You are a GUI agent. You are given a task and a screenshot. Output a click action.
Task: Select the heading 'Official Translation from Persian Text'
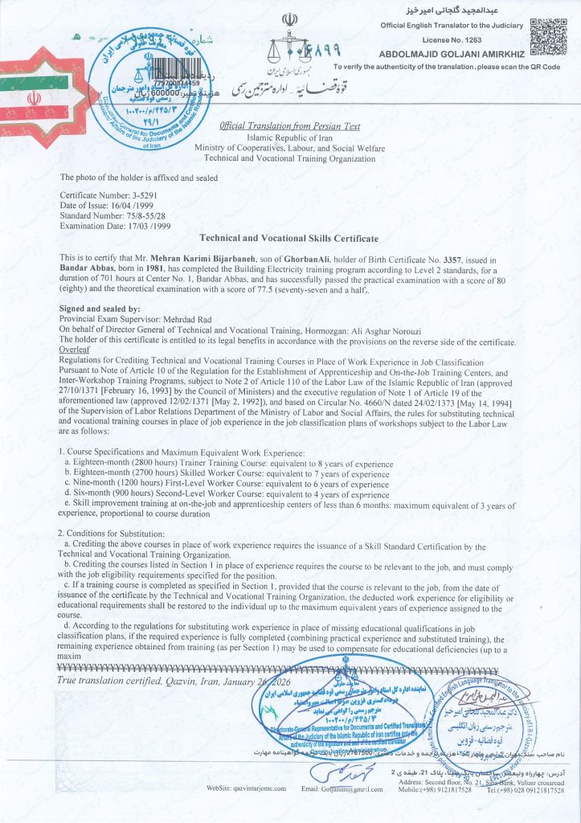[290, 127]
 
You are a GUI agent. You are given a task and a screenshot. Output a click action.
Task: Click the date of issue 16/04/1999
[124, 206]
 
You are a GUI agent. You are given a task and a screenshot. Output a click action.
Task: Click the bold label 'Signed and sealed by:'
[100, 309]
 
